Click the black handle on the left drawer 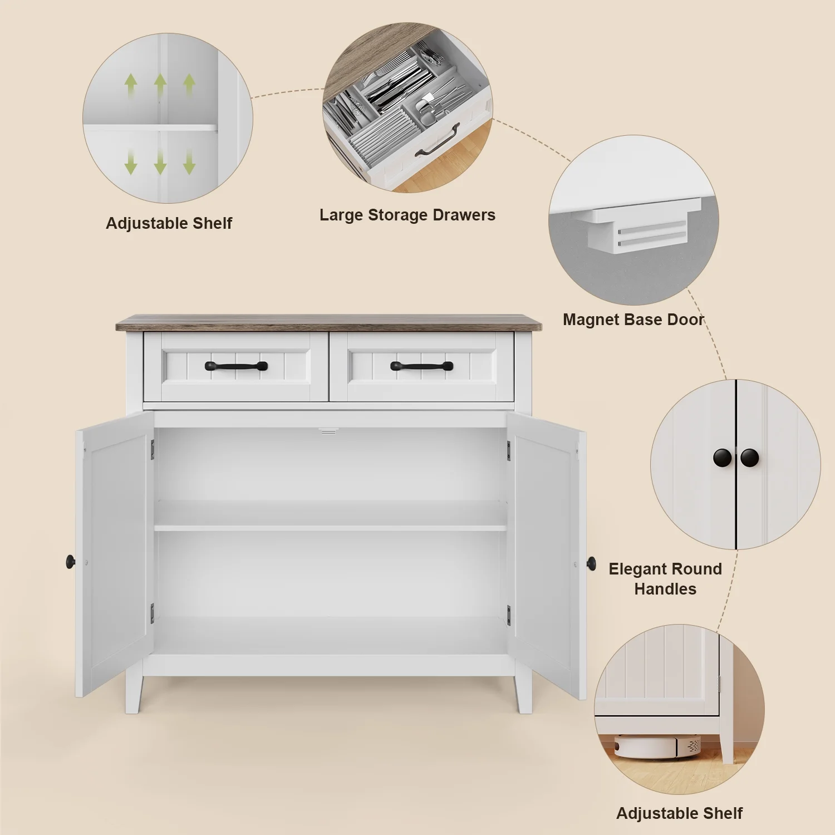coord(236,366)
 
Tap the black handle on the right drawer coord(421,366)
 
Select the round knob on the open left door coord(71,562)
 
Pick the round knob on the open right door coord(591,563)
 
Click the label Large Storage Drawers coord(407,215)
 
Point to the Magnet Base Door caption coord(633,320)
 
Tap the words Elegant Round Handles coord(665,579)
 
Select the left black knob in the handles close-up coord(723,458)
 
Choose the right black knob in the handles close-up coord(750,458)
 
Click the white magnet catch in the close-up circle coord(640,227)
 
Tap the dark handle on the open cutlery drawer coord(438,143)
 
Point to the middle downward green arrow coord(160,162)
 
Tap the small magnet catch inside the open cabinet coord(328,431)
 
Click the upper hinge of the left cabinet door coord(152,450)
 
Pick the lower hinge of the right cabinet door coord(509,616)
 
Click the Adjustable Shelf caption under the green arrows coord(169,223)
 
